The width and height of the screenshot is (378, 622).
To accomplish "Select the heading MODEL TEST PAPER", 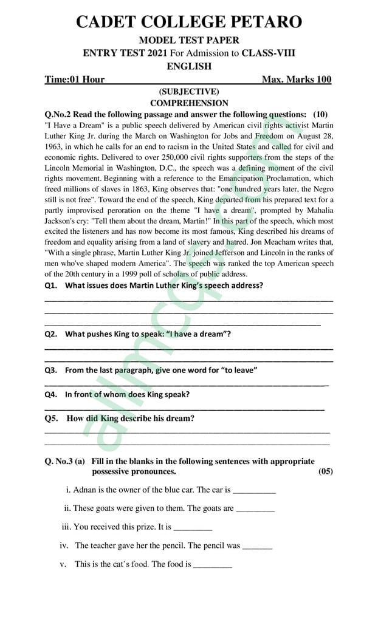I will point(188,40).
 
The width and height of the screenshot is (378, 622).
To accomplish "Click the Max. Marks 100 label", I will point(297,80).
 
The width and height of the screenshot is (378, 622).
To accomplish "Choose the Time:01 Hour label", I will point(75,80).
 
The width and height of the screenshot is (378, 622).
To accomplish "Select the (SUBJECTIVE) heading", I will point(189,92).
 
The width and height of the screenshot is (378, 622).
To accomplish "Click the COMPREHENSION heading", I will point(189,103).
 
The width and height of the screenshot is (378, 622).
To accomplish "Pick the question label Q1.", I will point(51,285).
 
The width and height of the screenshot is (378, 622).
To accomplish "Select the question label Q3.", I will point(51,370).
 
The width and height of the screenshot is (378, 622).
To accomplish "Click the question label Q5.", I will point(51,419).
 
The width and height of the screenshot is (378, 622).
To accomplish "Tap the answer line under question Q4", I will point(185,408).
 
